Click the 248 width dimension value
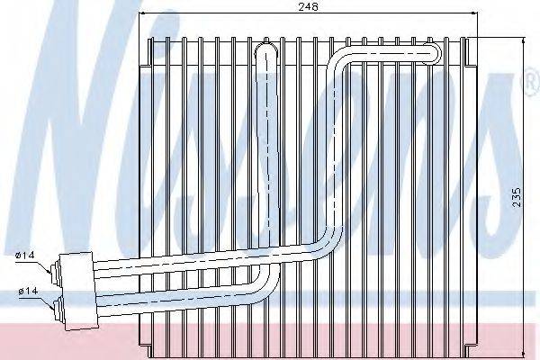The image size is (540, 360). (308, 6)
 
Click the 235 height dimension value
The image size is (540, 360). (517, 197)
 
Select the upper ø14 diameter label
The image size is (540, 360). (25, 256)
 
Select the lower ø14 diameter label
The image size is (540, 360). (28, 291)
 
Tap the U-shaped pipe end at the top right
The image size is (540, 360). (433, 53)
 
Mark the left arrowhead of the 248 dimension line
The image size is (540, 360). (141, 13)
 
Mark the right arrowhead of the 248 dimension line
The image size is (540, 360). (474, 13)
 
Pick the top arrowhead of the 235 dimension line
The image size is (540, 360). (524, 40)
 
